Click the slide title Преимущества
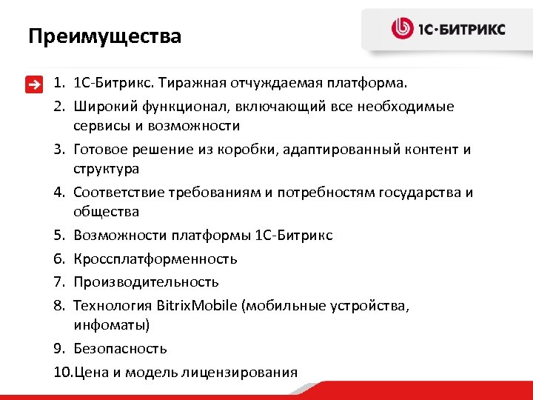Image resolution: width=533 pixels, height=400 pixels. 104,36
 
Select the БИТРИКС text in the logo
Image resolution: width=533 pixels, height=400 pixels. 475,30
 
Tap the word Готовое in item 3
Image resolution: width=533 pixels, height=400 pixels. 100,150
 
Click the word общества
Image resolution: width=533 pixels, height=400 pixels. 106,212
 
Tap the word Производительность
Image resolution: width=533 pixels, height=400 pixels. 146,281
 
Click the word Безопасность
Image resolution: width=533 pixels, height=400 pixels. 120,348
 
